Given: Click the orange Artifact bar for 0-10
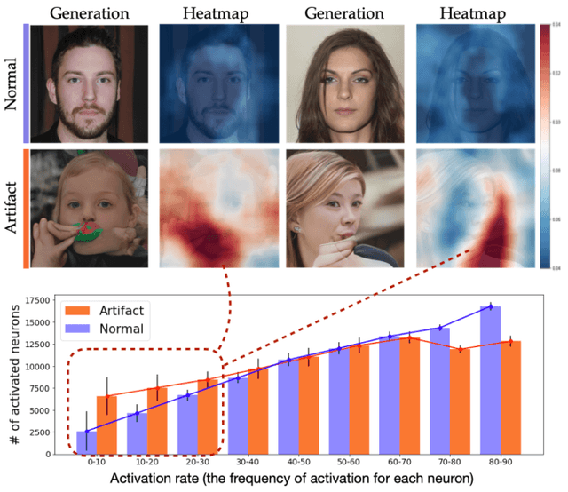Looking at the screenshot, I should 106,425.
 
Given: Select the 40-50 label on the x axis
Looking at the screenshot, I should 298,463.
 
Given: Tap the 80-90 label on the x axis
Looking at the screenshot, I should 500,463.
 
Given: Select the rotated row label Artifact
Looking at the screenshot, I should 12,208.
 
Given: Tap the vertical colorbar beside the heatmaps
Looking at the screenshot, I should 544,142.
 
